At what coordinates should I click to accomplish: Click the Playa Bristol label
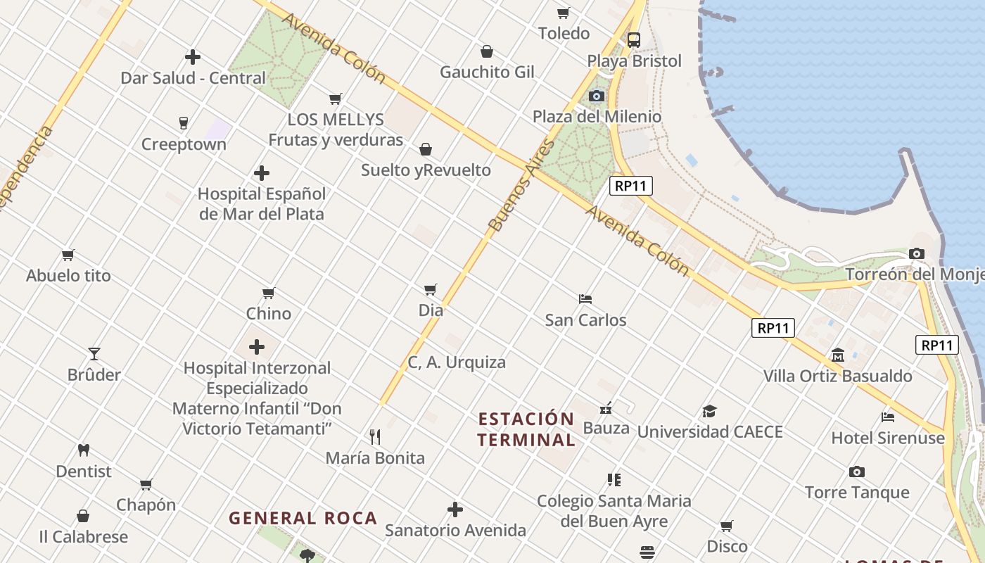(x=635, y=61)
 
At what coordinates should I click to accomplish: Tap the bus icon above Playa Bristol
(x=634, y=39)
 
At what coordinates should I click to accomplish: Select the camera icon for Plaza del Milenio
(x=597, y=96)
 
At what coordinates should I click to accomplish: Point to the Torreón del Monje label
(x=915, y=274)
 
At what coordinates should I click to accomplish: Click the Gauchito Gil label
(x=487, y=72)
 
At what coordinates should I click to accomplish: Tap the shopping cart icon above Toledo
(x=563, y=13)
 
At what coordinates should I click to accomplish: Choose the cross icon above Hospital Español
(x=262, y=172)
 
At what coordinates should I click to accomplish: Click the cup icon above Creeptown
(x=184, y=123)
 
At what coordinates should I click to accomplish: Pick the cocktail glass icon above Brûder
(x=94, y=353)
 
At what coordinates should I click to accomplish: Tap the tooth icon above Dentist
(x=84, y=450)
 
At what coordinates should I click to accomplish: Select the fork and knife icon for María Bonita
(x=375, y=437)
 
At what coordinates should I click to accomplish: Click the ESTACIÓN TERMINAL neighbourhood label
(x=526, y=429)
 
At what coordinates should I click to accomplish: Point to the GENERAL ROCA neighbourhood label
(x=303, y=519)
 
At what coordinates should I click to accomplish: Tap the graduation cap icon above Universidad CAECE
(x=709, y=411)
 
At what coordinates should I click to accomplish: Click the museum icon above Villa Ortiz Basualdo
(x=838, y=355)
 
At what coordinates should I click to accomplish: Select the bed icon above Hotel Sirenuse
(x=888, y=417)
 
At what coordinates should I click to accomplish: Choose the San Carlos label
(x=585, y=320)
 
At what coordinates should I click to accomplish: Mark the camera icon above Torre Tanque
(x=856, y=472)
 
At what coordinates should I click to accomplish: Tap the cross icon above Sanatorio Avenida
(x=455, y=509)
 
